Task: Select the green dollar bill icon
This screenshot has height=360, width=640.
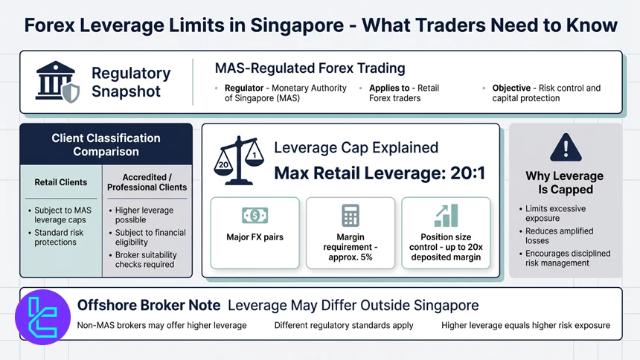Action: coord(255,216)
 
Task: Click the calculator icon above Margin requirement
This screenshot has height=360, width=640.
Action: coord(350,216)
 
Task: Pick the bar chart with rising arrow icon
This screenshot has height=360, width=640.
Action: coord(446,215)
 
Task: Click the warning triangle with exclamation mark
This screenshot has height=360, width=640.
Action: coord(564,147)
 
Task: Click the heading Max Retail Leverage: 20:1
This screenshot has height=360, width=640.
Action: coord(380,173)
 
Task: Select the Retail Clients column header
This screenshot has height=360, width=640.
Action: coord(61,182)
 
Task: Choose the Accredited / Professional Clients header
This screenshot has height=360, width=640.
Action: coord(147,182)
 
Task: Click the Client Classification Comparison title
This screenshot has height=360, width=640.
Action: coord(106,144)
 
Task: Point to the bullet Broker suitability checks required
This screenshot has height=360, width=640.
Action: coord(144,259)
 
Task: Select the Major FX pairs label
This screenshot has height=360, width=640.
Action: coord(255,238)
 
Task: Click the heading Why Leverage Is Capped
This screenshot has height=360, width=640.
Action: coord(564,183)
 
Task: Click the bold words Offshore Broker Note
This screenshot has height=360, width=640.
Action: coord(149,305)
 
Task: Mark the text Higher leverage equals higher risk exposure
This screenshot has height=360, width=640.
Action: coord(525,325)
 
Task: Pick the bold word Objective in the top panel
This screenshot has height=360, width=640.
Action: coord(511,88)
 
